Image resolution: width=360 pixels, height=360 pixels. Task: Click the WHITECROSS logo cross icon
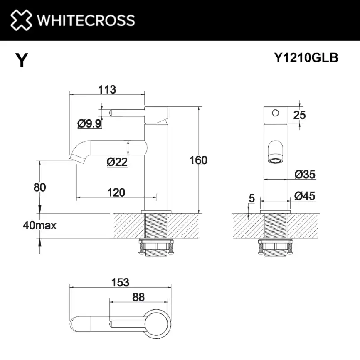coord(21,20)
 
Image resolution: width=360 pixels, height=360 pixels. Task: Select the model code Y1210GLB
coord(306,58)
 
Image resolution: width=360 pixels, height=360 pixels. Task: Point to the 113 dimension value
coord(107,89)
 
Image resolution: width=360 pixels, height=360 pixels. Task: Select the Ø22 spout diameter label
coord(117,162)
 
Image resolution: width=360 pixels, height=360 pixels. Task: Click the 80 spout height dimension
coord(40,187)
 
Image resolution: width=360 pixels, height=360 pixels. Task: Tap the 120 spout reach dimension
coord(116,192)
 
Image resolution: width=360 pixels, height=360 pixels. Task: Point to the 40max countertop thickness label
coord(40,226)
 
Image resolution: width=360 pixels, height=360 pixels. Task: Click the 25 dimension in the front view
coord(299,115)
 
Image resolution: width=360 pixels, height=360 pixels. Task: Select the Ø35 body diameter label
coord(305,175)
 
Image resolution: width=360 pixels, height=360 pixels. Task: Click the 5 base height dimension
coord(251,199)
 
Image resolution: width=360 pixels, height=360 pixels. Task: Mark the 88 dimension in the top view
coord(138,297)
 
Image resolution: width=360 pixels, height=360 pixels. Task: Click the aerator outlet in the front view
coord(275,161)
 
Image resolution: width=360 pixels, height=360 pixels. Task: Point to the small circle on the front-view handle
coord(274,113)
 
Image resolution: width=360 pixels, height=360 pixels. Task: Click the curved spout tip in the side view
coord(76,156)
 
